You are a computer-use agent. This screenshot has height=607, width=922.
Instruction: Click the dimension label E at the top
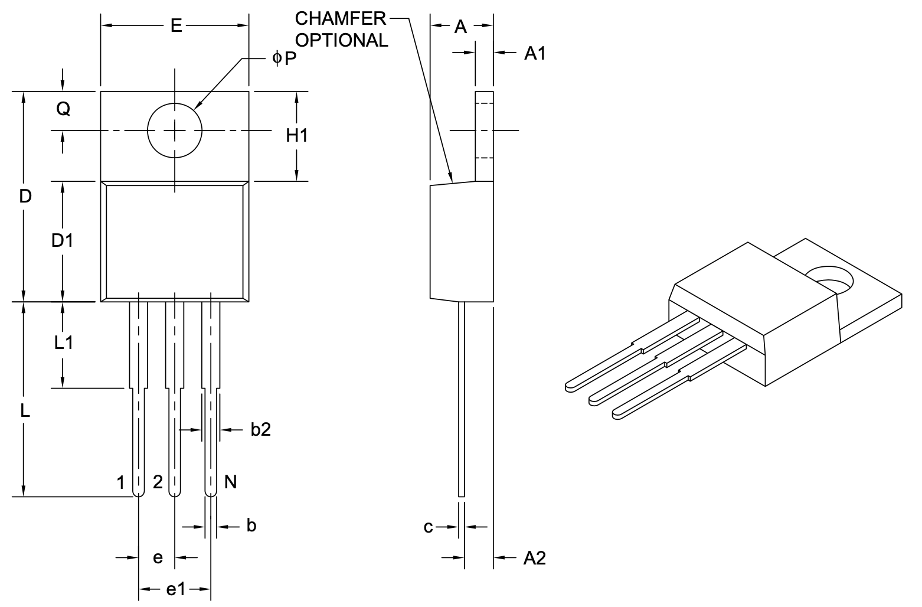(176, 25)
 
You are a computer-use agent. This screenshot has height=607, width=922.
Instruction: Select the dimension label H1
(297, 136)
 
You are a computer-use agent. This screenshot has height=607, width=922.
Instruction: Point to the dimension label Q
(63, 109)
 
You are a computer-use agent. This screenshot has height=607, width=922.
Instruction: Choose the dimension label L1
(63, 342)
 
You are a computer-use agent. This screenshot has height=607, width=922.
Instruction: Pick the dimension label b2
(260, 429)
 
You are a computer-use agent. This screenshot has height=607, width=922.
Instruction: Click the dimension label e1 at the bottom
(175, 589)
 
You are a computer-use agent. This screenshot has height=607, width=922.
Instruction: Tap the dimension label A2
(535, 558)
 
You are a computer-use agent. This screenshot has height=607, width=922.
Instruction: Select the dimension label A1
(535, 54)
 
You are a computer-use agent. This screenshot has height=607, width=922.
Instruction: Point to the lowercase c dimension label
(429, 527)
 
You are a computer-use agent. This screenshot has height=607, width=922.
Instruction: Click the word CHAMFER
(341, 19)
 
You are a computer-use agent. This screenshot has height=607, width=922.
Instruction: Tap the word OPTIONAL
(342, 40)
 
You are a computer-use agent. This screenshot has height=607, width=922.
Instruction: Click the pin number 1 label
(121, 483)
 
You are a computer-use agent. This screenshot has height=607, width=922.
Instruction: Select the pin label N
(231, 482)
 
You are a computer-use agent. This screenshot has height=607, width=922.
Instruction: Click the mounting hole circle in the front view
(175, 130)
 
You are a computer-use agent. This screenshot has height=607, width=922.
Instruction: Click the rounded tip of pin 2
(175, 492)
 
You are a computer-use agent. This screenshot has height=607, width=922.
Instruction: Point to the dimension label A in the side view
(461, 27)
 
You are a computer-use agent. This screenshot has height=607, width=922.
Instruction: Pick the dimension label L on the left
(25, 412)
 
